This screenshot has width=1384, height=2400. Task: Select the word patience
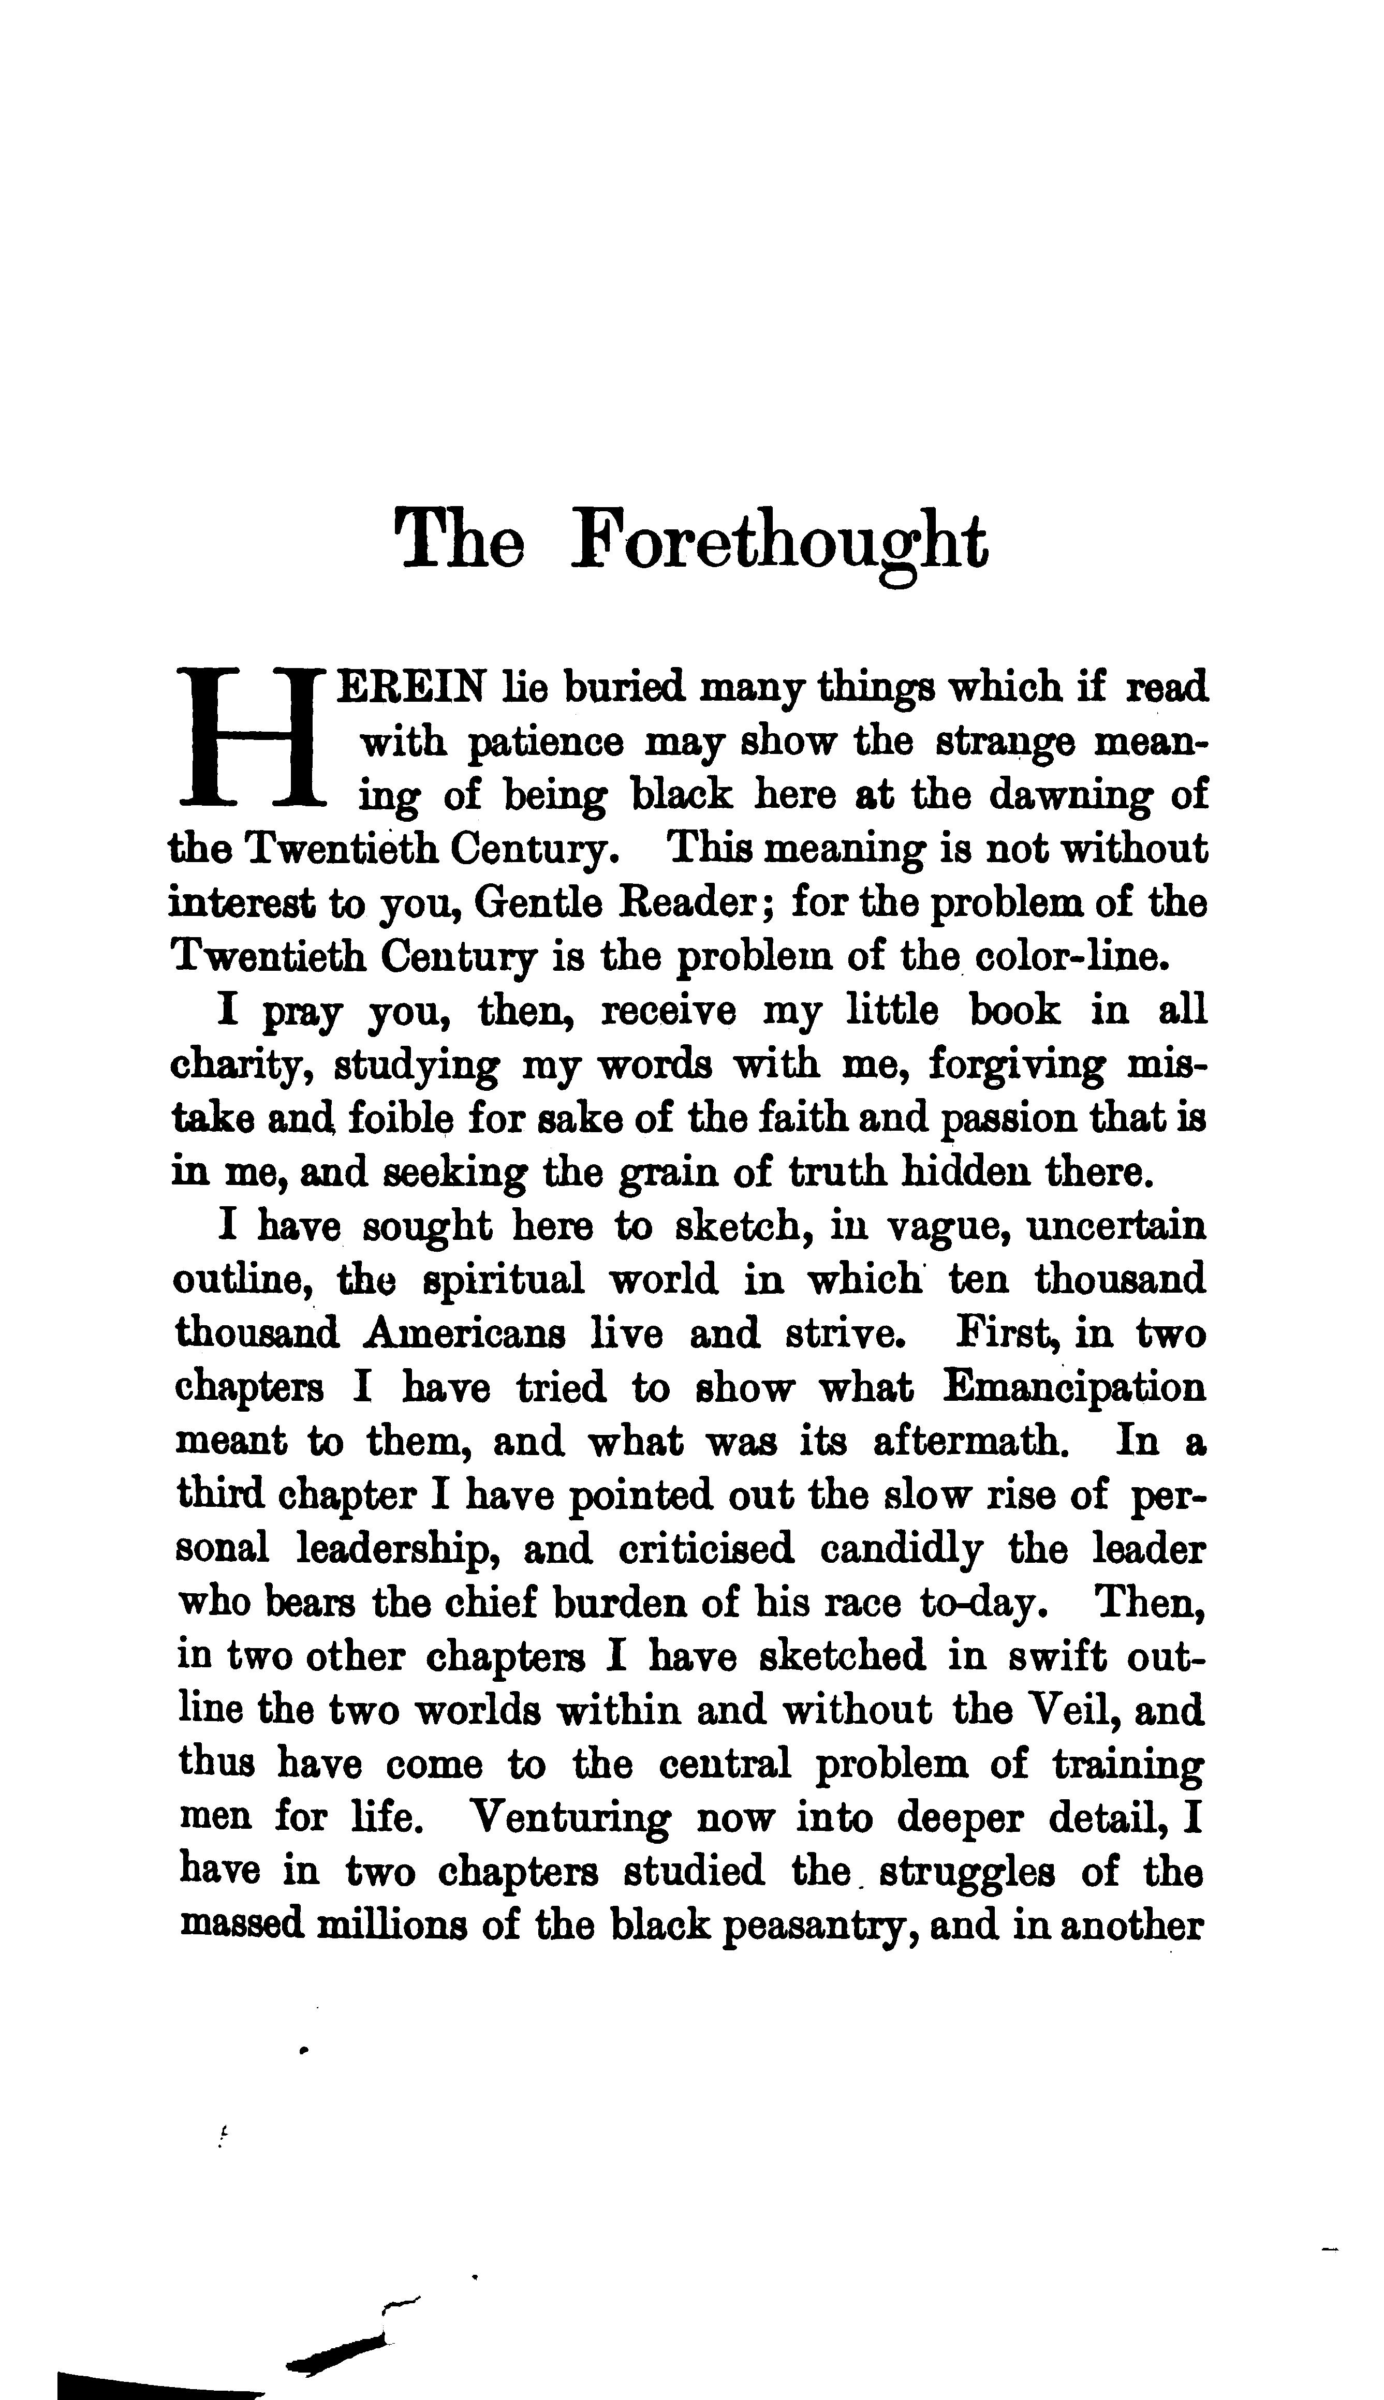pos(546,742)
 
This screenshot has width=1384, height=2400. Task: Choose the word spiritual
pos(503,1281)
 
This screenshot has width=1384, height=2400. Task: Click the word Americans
pos(465,1335)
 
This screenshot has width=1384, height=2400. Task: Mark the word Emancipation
pos(1074,1389)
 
